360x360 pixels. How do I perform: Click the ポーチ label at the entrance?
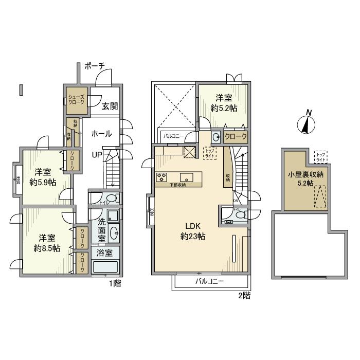point(94,66)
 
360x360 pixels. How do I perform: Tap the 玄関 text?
point(109,106)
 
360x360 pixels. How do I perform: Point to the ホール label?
point(101,133)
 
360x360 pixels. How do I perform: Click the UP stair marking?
point(97,154)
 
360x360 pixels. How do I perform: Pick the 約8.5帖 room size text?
point(46,248)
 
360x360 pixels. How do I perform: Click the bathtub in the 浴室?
point(106,267)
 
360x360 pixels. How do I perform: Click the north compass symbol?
point(307,123)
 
